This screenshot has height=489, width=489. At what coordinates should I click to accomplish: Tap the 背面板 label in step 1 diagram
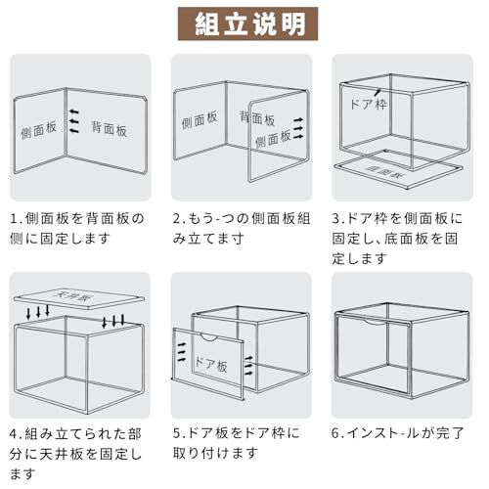[111, 127]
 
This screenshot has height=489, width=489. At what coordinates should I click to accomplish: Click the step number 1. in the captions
[17, 217]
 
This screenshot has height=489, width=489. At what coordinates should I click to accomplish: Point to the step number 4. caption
[17, 431]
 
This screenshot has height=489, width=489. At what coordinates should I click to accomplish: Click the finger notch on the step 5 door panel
[207, 338]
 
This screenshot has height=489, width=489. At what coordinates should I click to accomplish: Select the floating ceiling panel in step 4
[78, 297]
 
